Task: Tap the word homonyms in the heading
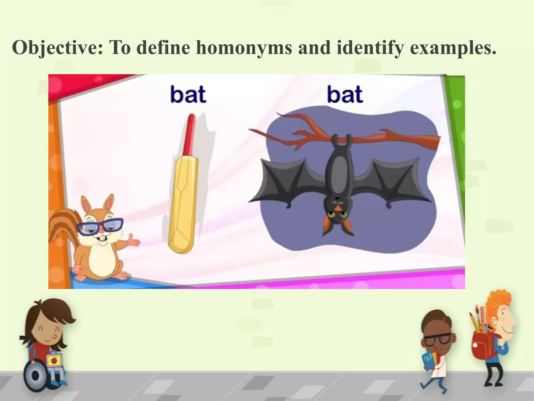(244, 48)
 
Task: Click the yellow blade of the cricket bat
(183, 206)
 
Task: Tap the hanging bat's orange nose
(338, 208)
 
